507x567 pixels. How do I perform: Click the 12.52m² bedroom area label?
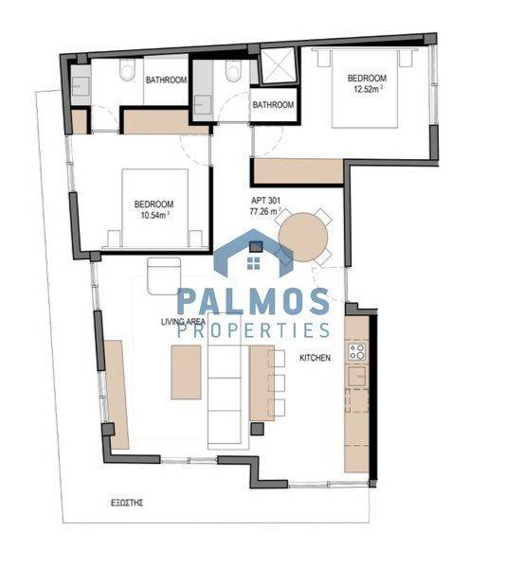[x=367, y=89]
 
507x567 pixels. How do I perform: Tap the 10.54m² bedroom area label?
[x=154, y=216]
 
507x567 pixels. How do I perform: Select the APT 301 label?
[x=265, y=201]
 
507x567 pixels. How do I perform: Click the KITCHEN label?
[x=315, y=358]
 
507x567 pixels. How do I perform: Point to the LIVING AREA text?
[x=184, y=322]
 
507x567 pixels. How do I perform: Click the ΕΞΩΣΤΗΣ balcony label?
[x=127, y=503]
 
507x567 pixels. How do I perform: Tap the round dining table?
[x=303, y=238]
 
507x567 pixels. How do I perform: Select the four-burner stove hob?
[x=357, y=352]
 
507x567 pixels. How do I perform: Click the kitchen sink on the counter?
[x=358, y=377]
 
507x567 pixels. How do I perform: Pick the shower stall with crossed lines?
[x=279, y=66]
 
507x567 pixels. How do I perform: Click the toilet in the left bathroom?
[x=128, y=69]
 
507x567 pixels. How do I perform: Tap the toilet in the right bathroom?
[x=232, y=70]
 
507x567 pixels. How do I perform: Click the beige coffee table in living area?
[x=186, y=372]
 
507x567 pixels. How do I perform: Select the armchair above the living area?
[x=164, y=275]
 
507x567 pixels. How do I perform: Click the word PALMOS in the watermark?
[x=253, y=302]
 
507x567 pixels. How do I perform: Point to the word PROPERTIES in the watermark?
[x=254, y=330]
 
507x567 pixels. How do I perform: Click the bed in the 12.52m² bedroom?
[x=366, y=89]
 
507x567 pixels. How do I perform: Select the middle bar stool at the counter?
[x=277, y=383]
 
